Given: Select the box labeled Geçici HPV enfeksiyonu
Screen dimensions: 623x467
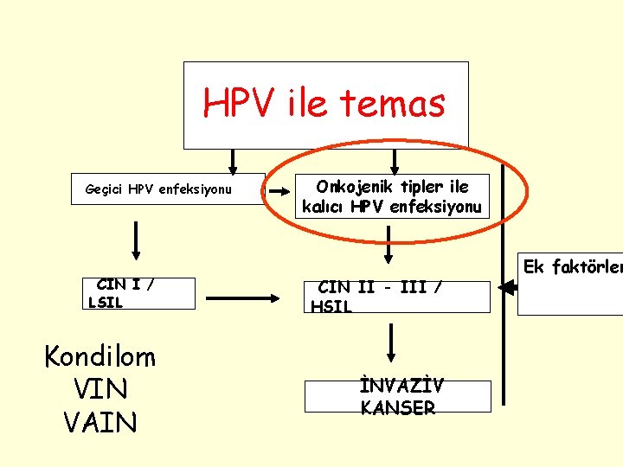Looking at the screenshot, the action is point(167,189).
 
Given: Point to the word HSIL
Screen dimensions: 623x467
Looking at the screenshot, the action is point(331,306).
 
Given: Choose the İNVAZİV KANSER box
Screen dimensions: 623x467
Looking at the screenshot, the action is point(397,396).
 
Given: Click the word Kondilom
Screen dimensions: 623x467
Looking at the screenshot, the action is point(100,356).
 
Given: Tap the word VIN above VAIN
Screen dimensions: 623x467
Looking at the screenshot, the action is point(101,390).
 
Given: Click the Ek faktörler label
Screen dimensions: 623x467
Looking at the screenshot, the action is point(570,267).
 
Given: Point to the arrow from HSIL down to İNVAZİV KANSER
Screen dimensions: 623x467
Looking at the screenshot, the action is point(392,343).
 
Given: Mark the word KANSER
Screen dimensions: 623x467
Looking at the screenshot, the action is point(398,407).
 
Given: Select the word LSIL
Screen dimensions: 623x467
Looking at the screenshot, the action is point(106,302).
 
